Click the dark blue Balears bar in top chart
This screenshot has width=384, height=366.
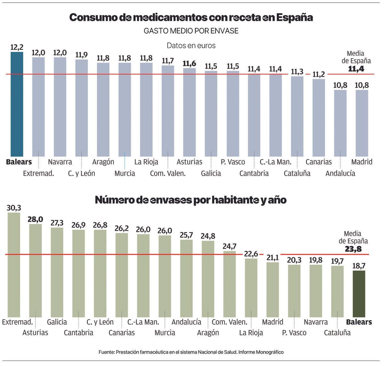pos(17,104)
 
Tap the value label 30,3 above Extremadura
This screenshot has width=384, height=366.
pos(14,208)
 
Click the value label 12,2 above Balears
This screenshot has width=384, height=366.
pos(17,48)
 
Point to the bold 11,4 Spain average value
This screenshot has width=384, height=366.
pos(356,68)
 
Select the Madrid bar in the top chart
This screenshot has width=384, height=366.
pos(362,123)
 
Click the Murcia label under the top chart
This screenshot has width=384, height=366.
pos(125,173)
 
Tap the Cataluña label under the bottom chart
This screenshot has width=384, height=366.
pos(337,332)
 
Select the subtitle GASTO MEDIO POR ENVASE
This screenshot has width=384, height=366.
pos(191,31)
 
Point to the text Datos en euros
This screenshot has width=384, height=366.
pos(191,45)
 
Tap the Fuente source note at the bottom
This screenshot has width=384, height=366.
pos(191,352)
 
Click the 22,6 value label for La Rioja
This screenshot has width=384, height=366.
pos(251,254)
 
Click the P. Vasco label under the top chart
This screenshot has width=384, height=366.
pos(233,162)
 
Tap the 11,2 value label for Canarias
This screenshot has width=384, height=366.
pos(319,74)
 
